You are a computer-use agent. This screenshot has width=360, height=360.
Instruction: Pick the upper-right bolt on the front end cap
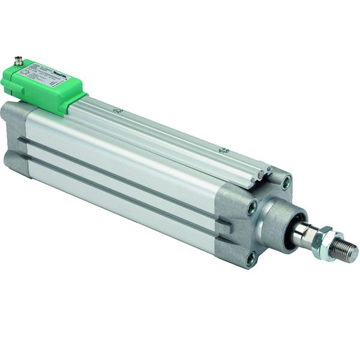tap(287, 181)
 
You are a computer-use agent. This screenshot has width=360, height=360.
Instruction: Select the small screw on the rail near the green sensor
tap(118, 110)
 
